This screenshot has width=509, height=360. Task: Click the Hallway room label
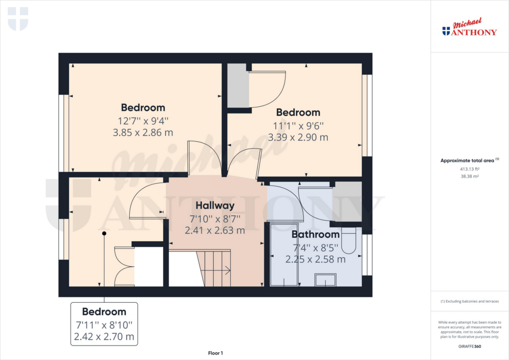(x=215, y=205)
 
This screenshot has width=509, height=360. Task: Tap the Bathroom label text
(x=316, y=234)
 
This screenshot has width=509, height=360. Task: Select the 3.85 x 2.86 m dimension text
(x=143, y=132)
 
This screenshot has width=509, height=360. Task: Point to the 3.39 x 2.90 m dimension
(x=298, y=137)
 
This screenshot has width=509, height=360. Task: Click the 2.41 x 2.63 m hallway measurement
(x=215, y=230)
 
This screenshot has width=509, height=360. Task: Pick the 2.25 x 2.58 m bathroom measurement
(x=316, y=259)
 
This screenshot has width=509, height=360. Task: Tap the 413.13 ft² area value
(x=469, y=169)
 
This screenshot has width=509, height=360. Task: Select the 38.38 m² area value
(x=469, y=176)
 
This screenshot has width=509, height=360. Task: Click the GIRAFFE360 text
(x=470, y=347)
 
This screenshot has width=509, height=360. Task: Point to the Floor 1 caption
(x=215, y=353)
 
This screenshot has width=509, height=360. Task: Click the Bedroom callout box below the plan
(x=104, y=324)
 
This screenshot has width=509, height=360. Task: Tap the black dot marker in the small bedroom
(x=104, y=233)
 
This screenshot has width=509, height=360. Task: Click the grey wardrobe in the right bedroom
(x=238, y=86)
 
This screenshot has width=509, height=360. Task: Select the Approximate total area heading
(x=468, y=161)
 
